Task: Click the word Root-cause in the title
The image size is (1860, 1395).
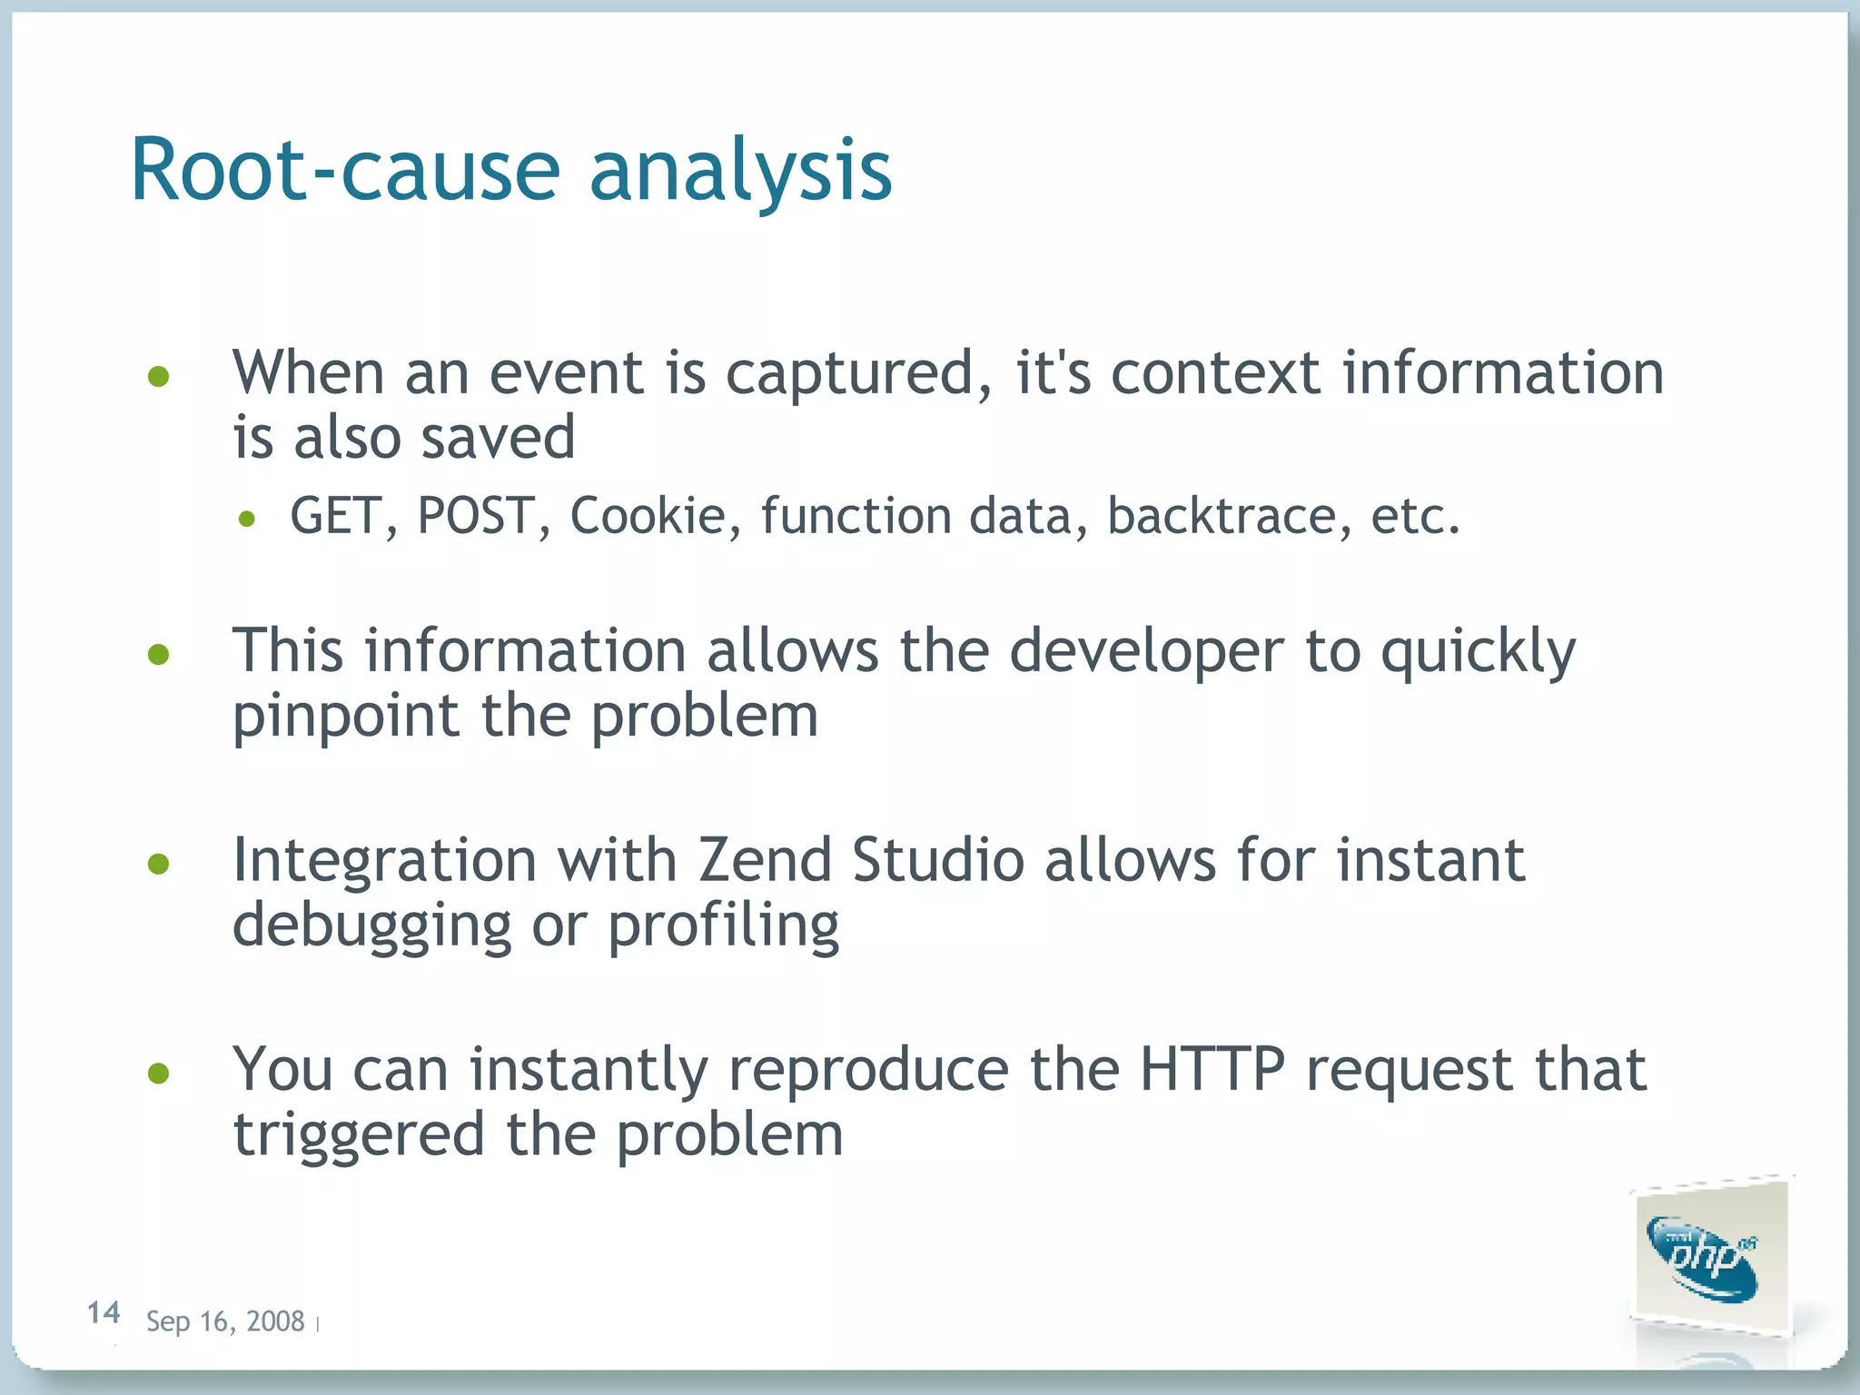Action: click(345, 171)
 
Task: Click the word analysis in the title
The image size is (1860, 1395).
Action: click(740, 173)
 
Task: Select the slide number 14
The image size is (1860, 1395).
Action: click(104, 1312)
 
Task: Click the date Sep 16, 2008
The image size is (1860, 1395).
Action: click(225, 1321)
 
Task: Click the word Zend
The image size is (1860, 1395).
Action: click(765, 860)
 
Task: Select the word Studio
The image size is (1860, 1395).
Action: click(938, 860)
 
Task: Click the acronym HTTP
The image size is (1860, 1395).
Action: click(1212, 1070)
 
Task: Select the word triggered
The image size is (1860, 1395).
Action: click(359, 1135)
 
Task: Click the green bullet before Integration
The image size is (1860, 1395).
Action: click(159, 864)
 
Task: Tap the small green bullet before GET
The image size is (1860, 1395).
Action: click(247, 519)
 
